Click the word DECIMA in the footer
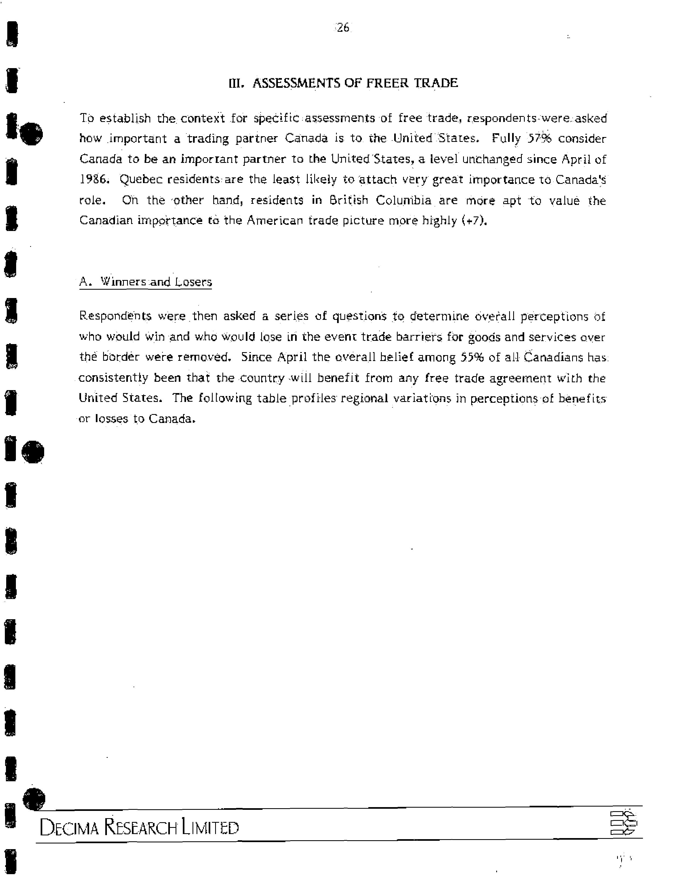click(69, 828)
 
